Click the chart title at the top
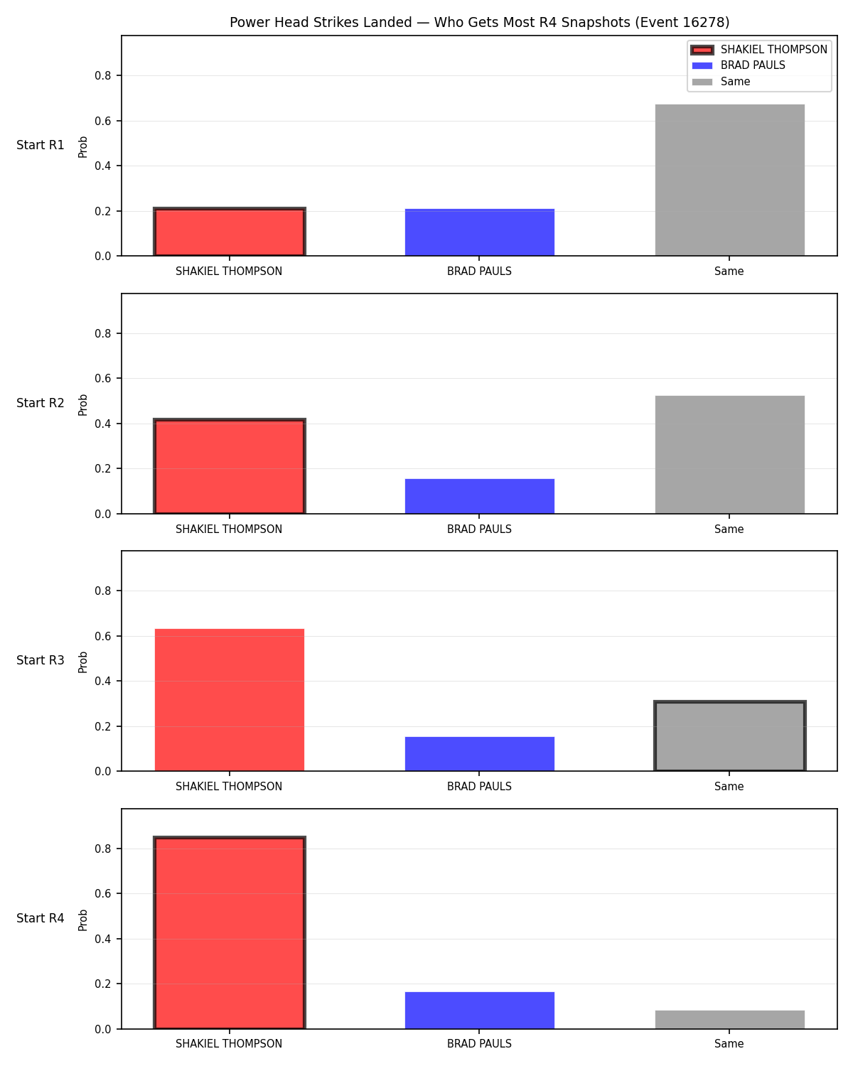[479, 22]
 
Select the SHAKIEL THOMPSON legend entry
[759, 50]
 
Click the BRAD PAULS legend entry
[739, 65]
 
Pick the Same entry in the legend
[721, 82]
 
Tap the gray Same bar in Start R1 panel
[729, 181]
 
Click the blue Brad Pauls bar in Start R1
[479, 232]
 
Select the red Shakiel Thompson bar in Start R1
[230, 232]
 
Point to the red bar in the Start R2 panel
[230, 467]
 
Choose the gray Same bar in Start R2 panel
[729, 455]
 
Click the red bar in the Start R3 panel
[230, 700]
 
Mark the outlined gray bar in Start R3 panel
[729, 736]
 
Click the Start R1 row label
[40, 145]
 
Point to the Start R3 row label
[40, 660]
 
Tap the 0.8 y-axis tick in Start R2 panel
[102, 334]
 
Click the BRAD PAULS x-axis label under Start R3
[479, 787]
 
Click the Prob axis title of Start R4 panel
[82, 920]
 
